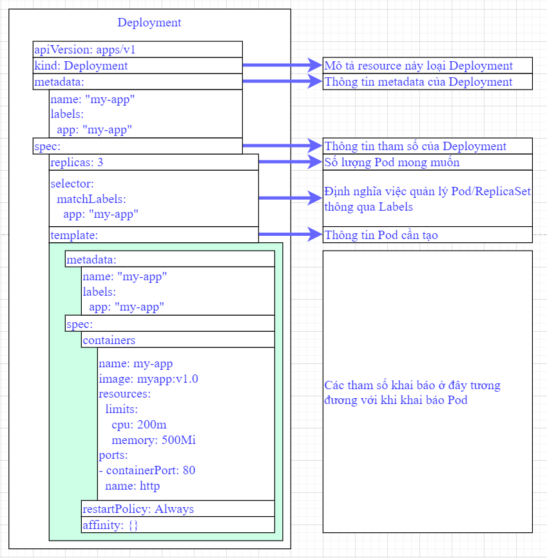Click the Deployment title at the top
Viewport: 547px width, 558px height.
pyautogui.click(x=149, y=23)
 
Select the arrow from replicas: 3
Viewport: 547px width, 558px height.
pyautogui.click(x=290, y=162)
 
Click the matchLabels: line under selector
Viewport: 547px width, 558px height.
pyautogui.click(x=91, y=198)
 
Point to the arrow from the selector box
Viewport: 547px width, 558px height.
pyautogui.click(x=290, y=198)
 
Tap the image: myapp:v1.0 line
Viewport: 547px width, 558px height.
pyautogui.click(x=148, y=378)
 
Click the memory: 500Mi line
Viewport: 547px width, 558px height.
pyautogui.click(x=153, y=440)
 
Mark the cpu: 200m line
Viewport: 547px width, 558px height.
pyautogui.click(x=139, y=425)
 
